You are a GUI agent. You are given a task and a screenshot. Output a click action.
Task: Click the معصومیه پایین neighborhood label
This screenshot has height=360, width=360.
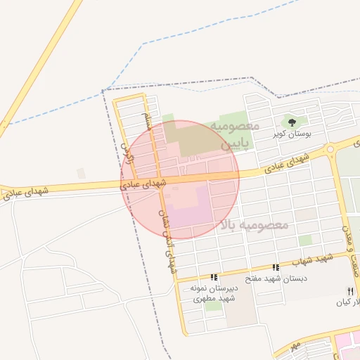click(x=236, y=135)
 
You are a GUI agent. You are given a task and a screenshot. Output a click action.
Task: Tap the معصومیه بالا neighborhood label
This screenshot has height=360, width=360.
click(x=255, y=225)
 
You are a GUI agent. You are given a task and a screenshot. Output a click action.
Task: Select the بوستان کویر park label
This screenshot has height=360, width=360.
click(x=293, y=134)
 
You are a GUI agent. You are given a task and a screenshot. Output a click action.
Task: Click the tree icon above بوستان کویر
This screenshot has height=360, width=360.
click(x=292, y=122)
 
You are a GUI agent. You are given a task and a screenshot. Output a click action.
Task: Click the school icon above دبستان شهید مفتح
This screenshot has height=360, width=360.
click(x=276, y=268)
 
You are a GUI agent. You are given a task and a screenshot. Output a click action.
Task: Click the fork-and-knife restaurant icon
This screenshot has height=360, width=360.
click(x=349, y=291)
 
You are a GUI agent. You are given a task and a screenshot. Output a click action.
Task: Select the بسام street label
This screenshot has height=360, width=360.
click(x=147, y=120)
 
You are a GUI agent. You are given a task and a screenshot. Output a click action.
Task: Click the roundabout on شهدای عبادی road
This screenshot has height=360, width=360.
click(x=330, y=150)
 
